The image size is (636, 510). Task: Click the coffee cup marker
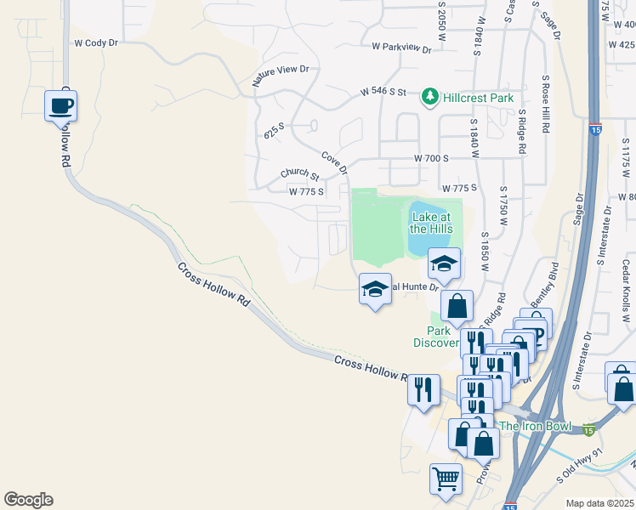coord(61,106)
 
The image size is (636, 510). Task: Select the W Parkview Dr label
coord(401,48)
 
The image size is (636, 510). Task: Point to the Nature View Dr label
coord(280,76)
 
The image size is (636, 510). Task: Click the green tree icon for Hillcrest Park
coord(431,98)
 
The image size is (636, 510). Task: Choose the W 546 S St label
coord(383,91)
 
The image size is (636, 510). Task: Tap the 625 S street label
coord(274,131)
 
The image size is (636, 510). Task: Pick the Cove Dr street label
coord(335,162)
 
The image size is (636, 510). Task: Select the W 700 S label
coord(431,159)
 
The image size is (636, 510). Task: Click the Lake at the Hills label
coord(430,223)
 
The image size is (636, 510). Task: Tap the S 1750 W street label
coord(503,208)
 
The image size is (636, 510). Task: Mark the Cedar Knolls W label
coord(626,294)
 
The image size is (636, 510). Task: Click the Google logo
coord(28,500)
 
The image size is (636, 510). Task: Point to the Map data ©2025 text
coord(600,503)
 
